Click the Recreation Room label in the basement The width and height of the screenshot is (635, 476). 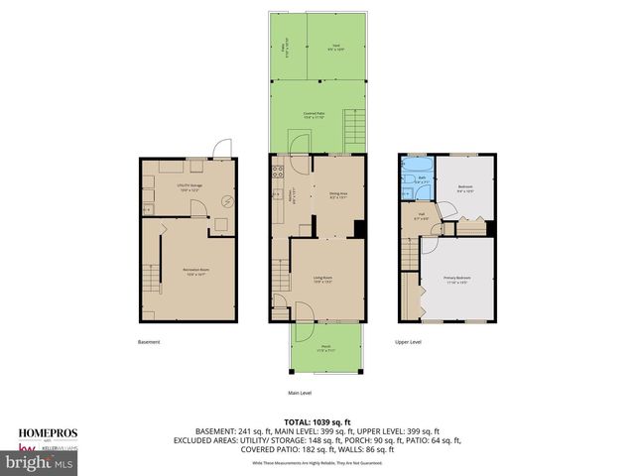[x=194, y=271]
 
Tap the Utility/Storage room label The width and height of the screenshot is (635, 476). [x=189, y=185]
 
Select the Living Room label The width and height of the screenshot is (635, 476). [x=322, y=281]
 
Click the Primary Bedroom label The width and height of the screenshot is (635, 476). [x=455, y=281]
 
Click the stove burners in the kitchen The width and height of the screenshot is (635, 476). [x=279, y=176]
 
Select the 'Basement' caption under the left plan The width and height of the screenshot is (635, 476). [x=149, y=342]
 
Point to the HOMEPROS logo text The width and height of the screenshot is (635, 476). [x=45, y=432]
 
